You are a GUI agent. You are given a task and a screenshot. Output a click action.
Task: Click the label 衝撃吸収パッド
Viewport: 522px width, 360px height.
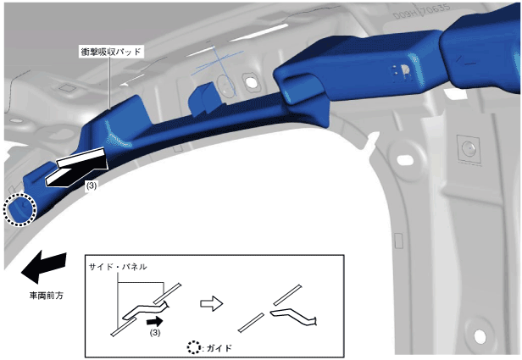point(111,52)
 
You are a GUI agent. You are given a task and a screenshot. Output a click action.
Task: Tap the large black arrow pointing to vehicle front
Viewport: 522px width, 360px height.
point(44,266)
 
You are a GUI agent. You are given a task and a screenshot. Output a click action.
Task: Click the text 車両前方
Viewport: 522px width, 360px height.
point(47,296)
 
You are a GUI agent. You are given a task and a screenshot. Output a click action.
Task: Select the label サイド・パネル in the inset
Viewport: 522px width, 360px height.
point(118,267)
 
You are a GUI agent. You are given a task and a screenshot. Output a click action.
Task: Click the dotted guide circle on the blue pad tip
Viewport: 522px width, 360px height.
point(19,210)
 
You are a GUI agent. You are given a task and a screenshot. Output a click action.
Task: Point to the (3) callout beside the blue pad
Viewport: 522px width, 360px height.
point(92,186)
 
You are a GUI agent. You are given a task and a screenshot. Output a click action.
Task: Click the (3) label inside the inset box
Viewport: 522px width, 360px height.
point(155,332)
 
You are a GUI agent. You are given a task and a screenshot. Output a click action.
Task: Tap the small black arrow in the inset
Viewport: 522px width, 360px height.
point(154,322)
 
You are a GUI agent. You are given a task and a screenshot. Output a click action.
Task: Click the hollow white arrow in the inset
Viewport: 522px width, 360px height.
point(211,303)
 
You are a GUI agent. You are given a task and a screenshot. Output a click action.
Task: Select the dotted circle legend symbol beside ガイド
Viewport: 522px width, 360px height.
point(193,347)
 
